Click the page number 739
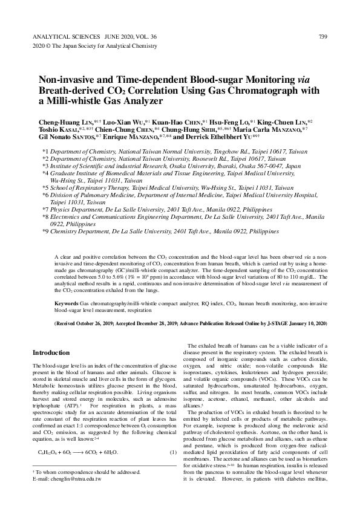click(x=323, y=37)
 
